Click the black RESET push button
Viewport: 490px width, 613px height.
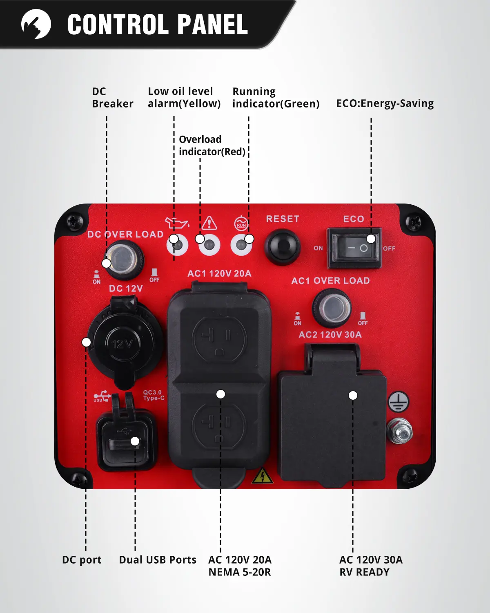point(282,246)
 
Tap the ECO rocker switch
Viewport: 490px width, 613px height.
point(354,248)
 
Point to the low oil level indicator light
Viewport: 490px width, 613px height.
point(178,245)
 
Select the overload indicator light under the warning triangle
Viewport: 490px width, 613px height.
point(209,245)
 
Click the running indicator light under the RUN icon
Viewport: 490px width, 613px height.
point(241,245)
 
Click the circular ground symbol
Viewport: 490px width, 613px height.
point(398,402)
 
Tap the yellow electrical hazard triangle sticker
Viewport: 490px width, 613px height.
point(262,476)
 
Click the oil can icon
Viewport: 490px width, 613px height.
point(176,223)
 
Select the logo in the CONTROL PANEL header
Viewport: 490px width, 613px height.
point(36,24)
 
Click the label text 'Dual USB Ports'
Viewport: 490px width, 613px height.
point(158,560)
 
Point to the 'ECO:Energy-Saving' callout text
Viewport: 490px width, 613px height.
point(385,104)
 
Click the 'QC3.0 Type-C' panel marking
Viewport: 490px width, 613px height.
point(154,395)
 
